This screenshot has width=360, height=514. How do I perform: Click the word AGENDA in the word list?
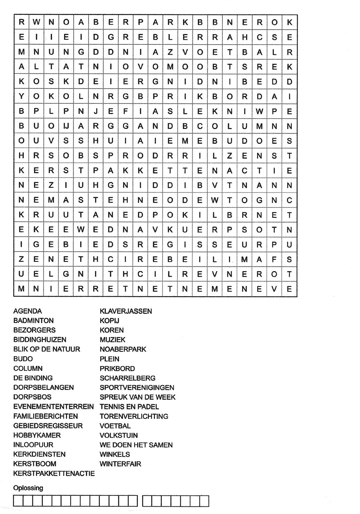pyautogui.click(x=28, y=311)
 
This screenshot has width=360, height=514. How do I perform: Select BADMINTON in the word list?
pyautogui.click(x=33, y=321)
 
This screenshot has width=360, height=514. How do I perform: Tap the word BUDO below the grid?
pyautogui.click(x=23, y=359)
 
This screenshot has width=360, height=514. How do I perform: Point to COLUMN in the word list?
pyautogui.click(x=28, y=369)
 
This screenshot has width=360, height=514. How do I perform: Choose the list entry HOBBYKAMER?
pyautogui.click(x=37, y=435)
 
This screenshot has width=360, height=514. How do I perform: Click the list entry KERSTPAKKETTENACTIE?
pyautogui.click(x=54, y=474)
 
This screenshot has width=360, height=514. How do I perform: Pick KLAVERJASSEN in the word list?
pyautogui.click(x=126, y=311)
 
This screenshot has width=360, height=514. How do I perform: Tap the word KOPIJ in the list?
pyautogui.click(x=109, y=321)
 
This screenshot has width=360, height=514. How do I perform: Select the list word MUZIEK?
pyautogui.click(x=112, y=340)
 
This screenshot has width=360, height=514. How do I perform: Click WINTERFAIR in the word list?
pyautogui.click(x=120, y=464)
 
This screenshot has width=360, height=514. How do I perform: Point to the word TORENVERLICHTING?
pyautogui.click(x=134, y=416)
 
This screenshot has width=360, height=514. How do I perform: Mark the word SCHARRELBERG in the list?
pyautogui.click(x=127, y=378)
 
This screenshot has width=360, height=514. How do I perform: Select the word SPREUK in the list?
pyautogui.click(x=112, y=397)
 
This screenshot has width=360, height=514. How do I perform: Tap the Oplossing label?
pyautogui.click(x=28, y=488)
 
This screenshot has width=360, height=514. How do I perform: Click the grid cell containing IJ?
pyautogui.click(x=66, y=126)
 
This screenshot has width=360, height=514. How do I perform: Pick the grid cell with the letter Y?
pyautogui.click(x=22, y=96)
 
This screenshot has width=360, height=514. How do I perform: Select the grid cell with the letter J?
pyautogui.click(x=96, y=111)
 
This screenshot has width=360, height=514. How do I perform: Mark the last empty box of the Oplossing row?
pyautogui.click(x=205, y=501)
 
